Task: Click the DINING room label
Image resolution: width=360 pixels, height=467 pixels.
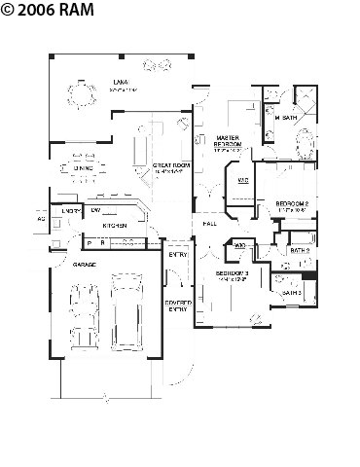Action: coord(83,168)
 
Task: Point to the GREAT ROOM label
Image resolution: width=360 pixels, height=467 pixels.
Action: coord(169,167)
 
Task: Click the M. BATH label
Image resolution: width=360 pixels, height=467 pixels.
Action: coord(285,118)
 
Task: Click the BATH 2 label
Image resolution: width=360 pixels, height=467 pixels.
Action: coord(299,250)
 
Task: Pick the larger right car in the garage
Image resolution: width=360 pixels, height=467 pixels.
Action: coord(126,309)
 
